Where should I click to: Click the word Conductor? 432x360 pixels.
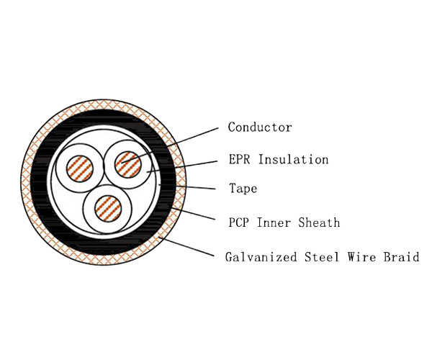tap(260, 127)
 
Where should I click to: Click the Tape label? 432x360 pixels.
tap(243, 189)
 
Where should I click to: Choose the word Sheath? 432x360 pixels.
tap(321, 222)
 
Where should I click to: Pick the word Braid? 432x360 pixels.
tap(402, 256)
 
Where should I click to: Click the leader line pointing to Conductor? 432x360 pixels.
tap(180, 142)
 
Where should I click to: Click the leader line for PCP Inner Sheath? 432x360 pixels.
tap(194, 215)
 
